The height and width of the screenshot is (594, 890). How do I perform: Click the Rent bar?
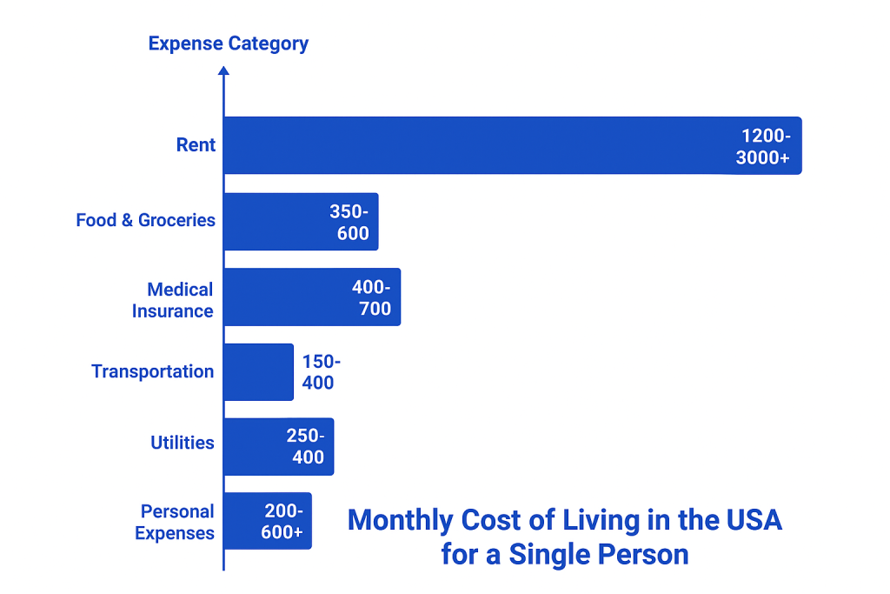[478, 145]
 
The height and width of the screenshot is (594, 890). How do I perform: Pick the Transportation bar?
[258, 372]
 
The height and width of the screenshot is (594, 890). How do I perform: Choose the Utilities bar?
[252, 447]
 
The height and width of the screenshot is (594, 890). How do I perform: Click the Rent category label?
[196, 145]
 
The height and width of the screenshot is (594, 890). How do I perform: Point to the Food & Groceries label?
[145, 220]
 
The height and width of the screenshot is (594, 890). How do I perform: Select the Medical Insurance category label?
[174, 300]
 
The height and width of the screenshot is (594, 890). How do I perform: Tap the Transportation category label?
[152, 371]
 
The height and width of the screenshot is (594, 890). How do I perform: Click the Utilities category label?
[182, 443]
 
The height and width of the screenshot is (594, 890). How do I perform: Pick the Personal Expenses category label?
[175, 522]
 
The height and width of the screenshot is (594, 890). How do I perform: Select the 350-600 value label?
[349, 223]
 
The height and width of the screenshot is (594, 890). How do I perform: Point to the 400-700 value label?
[371, 297]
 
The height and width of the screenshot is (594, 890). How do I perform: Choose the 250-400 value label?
[305, 446]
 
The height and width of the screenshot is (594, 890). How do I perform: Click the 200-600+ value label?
[282, 522]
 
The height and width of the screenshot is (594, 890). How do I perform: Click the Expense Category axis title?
[228, 43]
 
